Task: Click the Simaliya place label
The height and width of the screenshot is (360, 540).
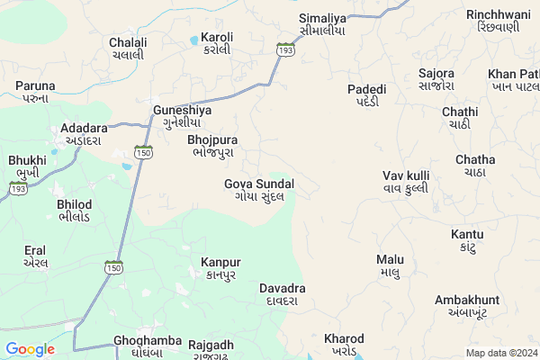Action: (323, 23)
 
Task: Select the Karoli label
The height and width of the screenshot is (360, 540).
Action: (217, 43)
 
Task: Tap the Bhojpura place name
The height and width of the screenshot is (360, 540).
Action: (212, 147)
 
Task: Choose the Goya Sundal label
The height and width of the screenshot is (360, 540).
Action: (258, 190)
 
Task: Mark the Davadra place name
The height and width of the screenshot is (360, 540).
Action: (283, 294)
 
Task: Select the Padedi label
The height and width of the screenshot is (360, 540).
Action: (367, 95)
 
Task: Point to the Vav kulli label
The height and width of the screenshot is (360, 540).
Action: (405, 181)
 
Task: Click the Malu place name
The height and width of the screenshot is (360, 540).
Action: (390, 265)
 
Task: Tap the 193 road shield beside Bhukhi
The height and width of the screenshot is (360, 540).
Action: (17, 189)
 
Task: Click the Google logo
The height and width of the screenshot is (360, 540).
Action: (30, 349)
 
